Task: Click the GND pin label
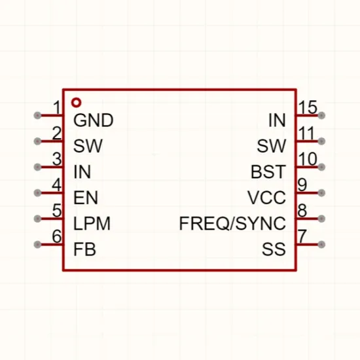pos(93,120)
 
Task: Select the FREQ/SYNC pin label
pos(232,223)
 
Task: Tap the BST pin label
pos(268,171)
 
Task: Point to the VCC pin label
pos(266,198)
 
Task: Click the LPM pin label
pos(92,223)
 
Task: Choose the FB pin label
pos(84,249)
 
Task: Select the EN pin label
pos(86,198)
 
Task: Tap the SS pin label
pos(274,249)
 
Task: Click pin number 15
pos(308,107)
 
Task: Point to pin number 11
pos(306,133)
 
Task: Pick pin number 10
pos(308,159)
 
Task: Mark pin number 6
pos(57,236)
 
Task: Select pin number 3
pos(57,159)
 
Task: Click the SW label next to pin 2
pos(88,146)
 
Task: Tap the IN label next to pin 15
pos(277,120)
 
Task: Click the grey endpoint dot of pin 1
pos(37,115)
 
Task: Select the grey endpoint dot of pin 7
pos(321,244)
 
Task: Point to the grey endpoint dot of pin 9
pos(321,192)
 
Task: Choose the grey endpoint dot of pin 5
pos(37,219)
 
